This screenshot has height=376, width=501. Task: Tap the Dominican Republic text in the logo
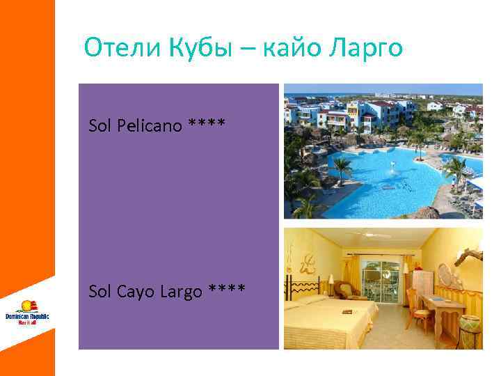[x=27, y=316]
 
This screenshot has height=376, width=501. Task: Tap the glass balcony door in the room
[x=383, y=279]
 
